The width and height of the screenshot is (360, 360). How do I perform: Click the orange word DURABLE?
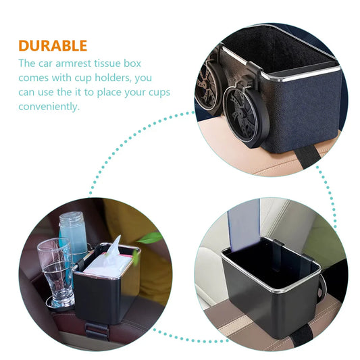click(x=53, y=46)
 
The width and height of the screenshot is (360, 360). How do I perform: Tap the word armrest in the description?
click(x=74, y=63)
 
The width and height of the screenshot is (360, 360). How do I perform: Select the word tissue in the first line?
click(x=107, y=63)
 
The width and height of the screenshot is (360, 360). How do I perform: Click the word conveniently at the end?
click(x=49, y=107)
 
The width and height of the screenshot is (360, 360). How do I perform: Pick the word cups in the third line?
click(x=159, y=93)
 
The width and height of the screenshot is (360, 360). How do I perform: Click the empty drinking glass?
click(x=56, y=272)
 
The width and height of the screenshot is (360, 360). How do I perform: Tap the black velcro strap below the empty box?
click(x=303, y=336)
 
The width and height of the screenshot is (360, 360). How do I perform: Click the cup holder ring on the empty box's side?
click(x=322, y=287)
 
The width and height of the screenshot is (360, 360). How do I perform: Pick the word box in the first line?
click(x=132, y=63)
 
